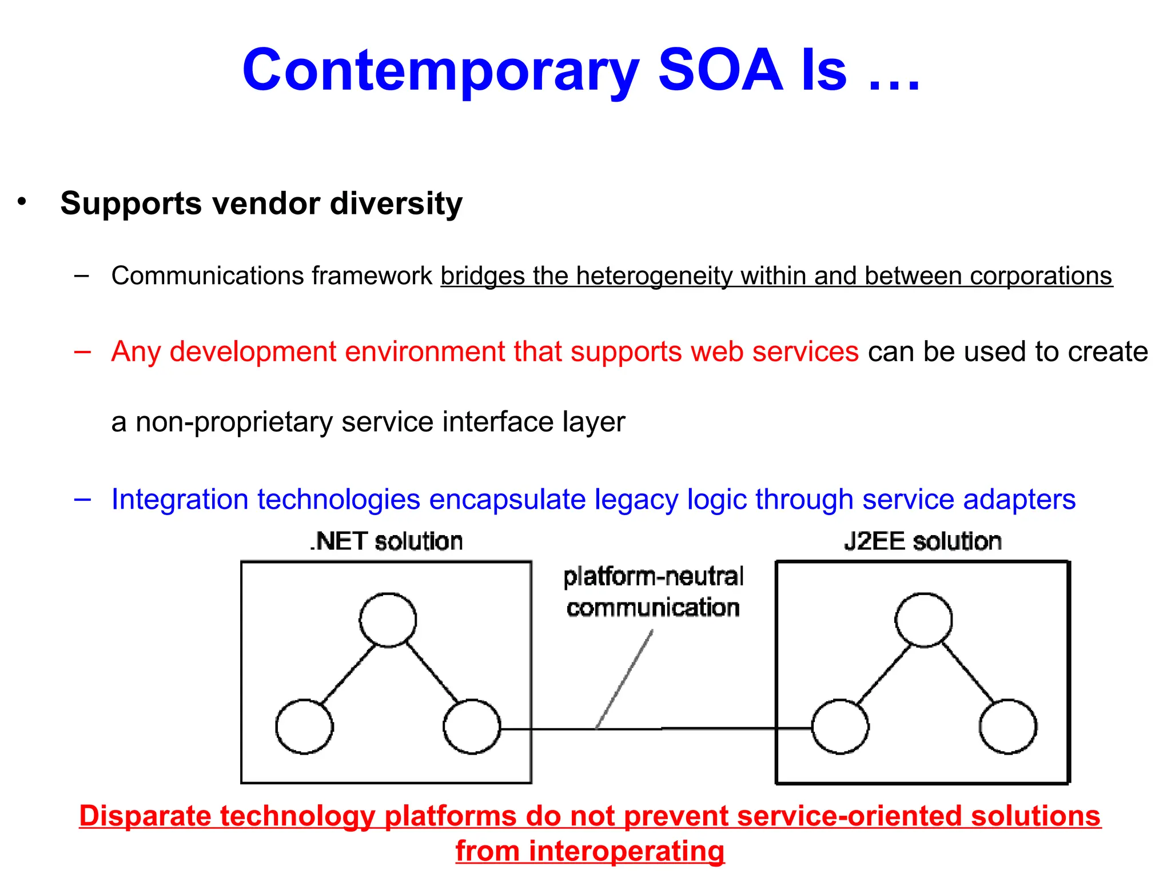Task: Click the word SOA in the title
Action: (720, 70)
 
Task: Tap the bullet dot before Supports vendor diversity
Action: (22, 201)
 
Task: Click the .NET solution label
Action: (387, 541)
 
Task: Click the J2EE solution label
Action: (922, 541)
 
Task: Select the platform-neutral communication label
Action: (653, 592)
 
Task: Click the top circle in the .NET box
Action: (388, 620)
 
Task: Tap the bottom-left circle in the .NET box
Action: (304, 727)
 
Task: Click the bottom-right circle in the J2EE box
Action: (1007, 727)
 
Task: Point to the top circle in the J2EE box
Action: (923, 620)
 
